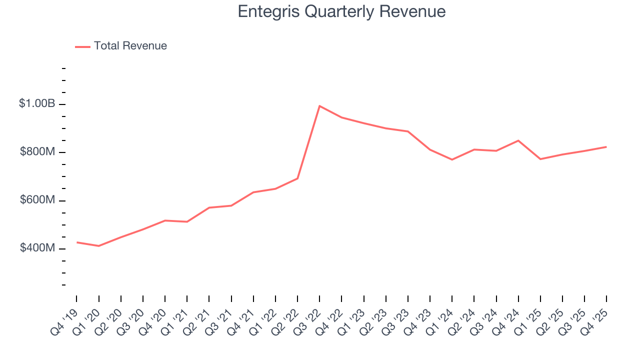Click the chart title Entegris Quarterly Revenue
pyautogui.click(x=341, y=11)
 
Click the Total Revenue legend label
pyautogui.click(x=130, y=46)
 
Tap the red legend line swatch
pyautogui.click(x=82, y=46)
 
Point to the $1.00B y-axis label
pyautogui.click(x=37, y=104)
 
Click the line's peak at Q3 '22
pyautogui.click(x=319, y=106)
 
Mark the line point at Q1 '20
pyautogui.click(x=98, y=246)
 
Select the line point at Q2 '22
pyautogui.click(x=297, y=178)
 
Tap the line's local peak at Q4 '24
pyautogui.click(x=518, y=140)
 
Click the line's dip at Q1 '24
pyautogui.click(x=452, y=159)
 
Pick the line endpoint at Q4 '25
pyautogui.click(x=606, y=147)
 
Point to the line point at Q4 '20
pyautogui.click(x=165, y=220)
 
